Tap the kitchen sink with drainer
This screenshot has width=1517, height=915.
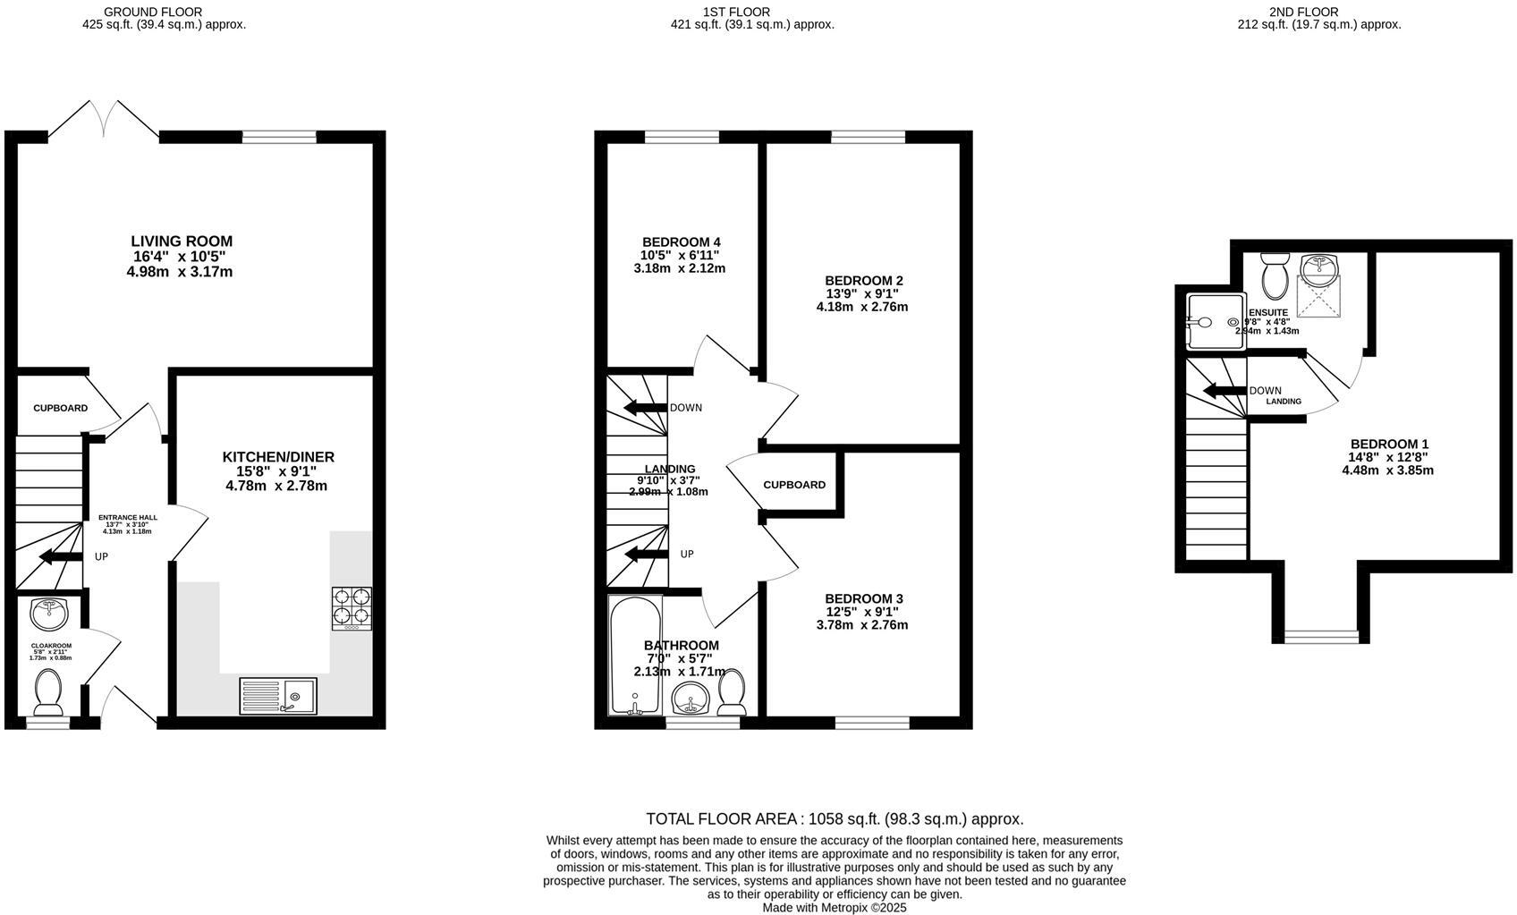[x=277, y=696]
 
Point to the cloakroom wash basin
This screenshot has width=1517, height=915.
[x=49, y=614]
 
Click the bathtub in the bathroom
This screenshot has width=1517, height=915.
[x=635, y=656]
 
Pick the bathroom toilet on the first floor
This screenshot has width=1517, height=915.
[x=733, y=691]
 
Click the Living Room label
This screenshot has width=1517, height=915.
[x=182, y=241]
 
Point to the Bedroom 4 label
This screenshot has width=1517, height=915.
[x=681, y=242]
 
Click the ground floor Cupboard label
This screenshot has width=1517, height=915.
[x=61, y=408]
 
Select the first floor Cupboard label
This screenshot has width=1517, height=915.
[x=794, y=485]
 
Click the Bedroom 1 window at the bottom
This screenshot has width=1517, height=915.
[x=1321, y=636]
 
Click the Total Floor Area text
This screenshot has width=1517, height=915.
[x=834, y=818]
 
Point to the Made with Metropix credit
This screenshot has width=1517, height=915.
[x=834, y=907]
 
